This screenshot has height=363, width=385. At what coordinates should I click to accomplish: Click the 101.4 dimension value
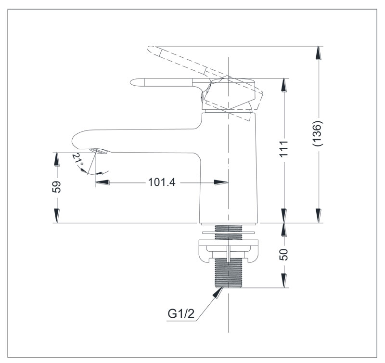click(162, 182)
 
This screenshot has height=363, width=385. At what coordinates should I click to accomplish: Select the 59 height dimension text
click(57, 187)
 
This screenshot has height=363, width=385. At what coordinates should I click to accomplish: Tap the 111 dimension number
click(284, 149)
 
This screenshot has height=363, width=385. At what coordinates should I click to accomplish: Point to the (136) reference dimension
click(318, 134)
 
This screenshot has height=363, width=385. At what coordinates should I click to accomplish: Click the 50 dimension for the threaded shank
click(284, 255)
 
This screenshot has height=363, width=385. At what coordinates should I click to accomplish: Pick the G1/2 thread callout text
click(181, 313)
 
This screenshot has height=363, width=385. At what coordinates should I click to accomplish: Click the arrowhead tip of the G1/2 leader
click(223, 287)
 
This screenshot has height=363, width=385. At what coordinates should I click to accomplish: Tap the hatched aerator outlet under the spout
click(99, 151)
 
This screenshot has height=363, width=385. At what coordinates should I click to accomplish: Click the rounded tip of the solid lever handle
click(130, 82)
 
